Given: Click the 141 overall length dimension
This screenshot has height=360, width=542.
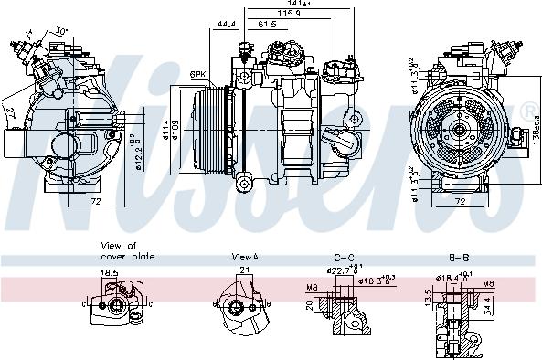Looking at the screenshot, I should pos(290,5).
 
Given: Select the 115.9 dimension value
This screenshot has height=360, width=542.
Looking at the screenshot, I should pos(291,16).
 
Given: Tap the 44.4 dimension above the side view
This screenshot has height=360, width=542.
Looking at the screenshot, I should pos(228,24).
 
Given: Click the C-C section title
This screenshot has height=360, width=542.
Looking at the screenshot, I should pos(344,258).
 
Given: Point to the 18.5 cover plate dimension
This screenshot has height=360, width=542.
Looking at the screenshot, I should pos(109,272).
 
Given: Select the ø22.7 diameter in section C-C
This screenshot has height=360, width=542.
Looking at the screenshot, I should pos(339,269).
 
